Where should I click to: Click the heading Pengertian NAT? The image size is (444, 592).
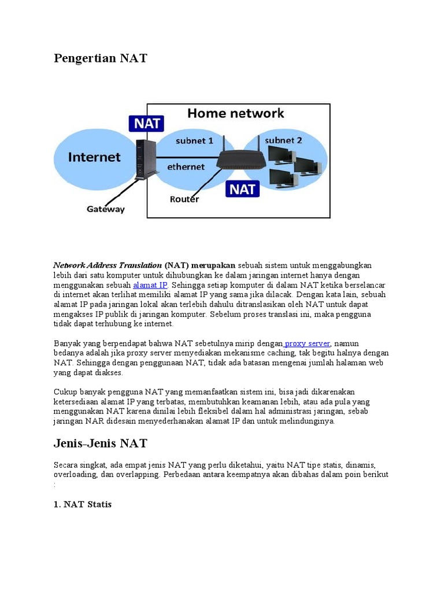pos(101,58)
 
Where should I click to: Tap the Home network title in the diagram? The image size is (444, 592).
pos(235,113)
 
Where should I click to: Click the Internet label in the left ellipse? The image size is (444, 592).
pos(94,157)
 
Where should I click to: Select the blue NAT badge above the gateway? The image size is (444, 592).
pos(147,124)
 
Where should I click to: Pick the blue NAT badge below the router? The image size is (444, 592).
pos(243,188)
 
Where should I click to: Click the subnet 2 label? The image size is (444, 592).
pos(283,140)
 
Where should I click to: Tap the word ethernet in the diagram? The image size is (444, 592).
pos(186,166)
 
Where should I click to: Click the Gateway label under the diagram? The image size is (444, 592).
pos(105,209)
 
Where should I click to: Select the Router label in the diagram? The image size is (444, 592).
pos(184,199)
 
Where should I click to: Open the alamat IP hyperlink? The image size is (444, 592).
pos(150,286)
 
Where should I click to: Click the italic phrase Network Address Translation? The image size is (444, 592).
pos(108,265)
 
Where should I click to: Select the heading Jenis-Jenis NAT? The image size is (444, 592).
pos(101,443)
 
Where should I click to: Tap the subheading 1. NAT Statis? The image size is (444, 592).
pos(83,504)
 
